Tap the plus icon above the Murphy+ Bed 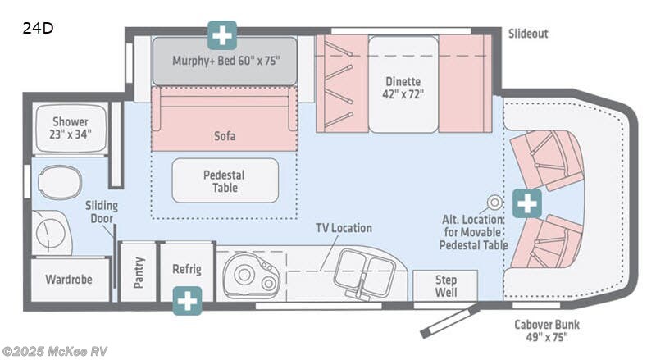click(222, 35)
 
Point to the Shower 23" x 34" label click(71, 127)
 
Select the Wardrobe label click(67, 279)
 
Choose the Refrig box click(187, 270)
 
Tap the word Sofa click(224, 136)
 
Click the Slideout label click(527, 34)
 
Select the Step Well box click(445, 286)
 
